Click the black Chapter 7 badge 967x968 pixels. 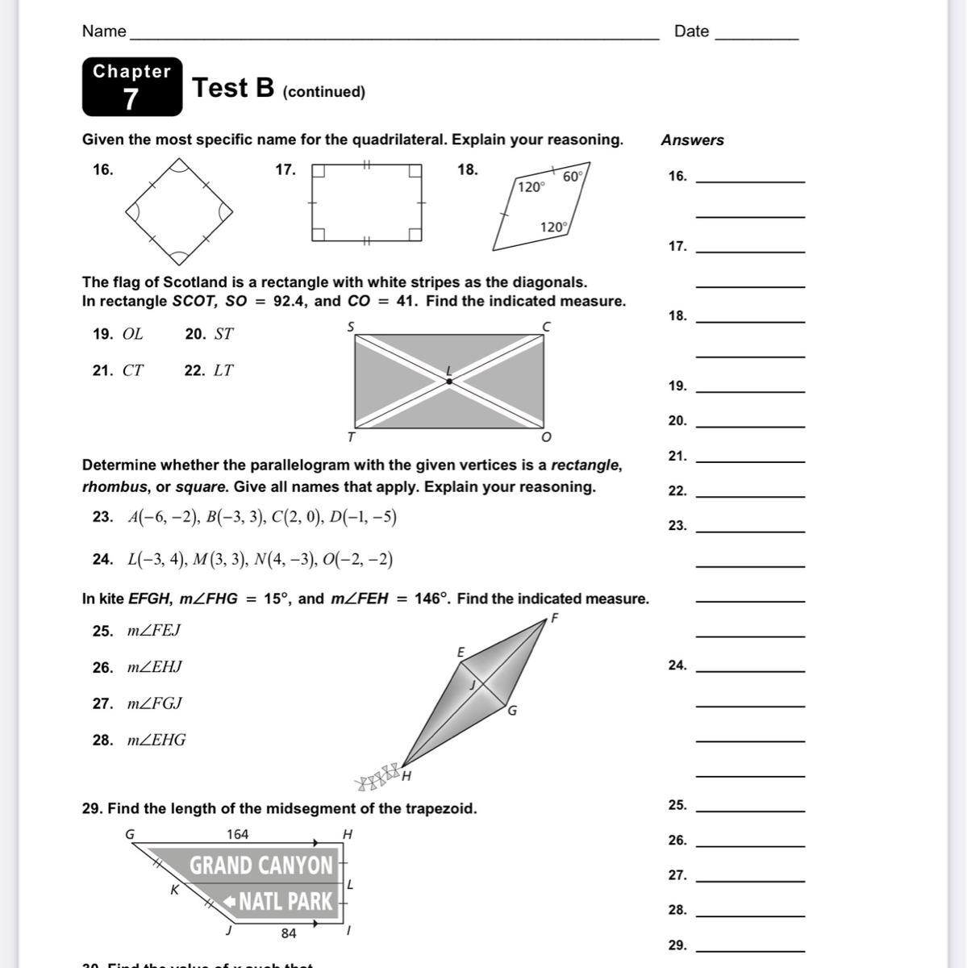pyautogui.click(x=131, y=86)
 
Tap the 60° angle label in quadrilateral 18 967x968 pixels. pyautogui.click(x=572, y=177)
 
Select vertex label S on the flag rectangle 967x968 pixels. pyautogui.click(x=351, y=326)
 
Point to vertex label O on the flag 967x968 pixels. pyautogui.click(x=546, y=437)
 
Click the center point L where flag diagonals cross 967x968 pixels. pyautogui.click(x=449, y=381)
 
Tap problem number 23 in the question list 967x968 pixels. pyautogui.click(x=102, y=517)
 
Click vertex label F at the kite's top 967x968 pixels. pyautogui.click(x=555, y=619)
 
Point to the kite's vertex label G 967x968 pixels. pyautogui.click(x=512, y=711)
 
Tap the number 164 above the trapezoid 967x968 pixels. pyautogui.click(x=237, y=834)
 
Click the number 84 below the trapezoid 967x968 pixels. pyautogui.click(x=288, y=933)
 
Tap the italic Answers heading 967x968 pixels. pyautogui.click(x=692, y=140)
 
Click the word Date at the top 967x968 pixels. pyautogui.click(x=691, y=31)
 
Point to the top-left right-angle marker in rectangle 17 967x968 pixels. pyautogui.click(x=319, y=171)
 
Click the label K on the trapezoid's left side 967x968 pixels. pyautogui.click(x=173, y=891)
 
